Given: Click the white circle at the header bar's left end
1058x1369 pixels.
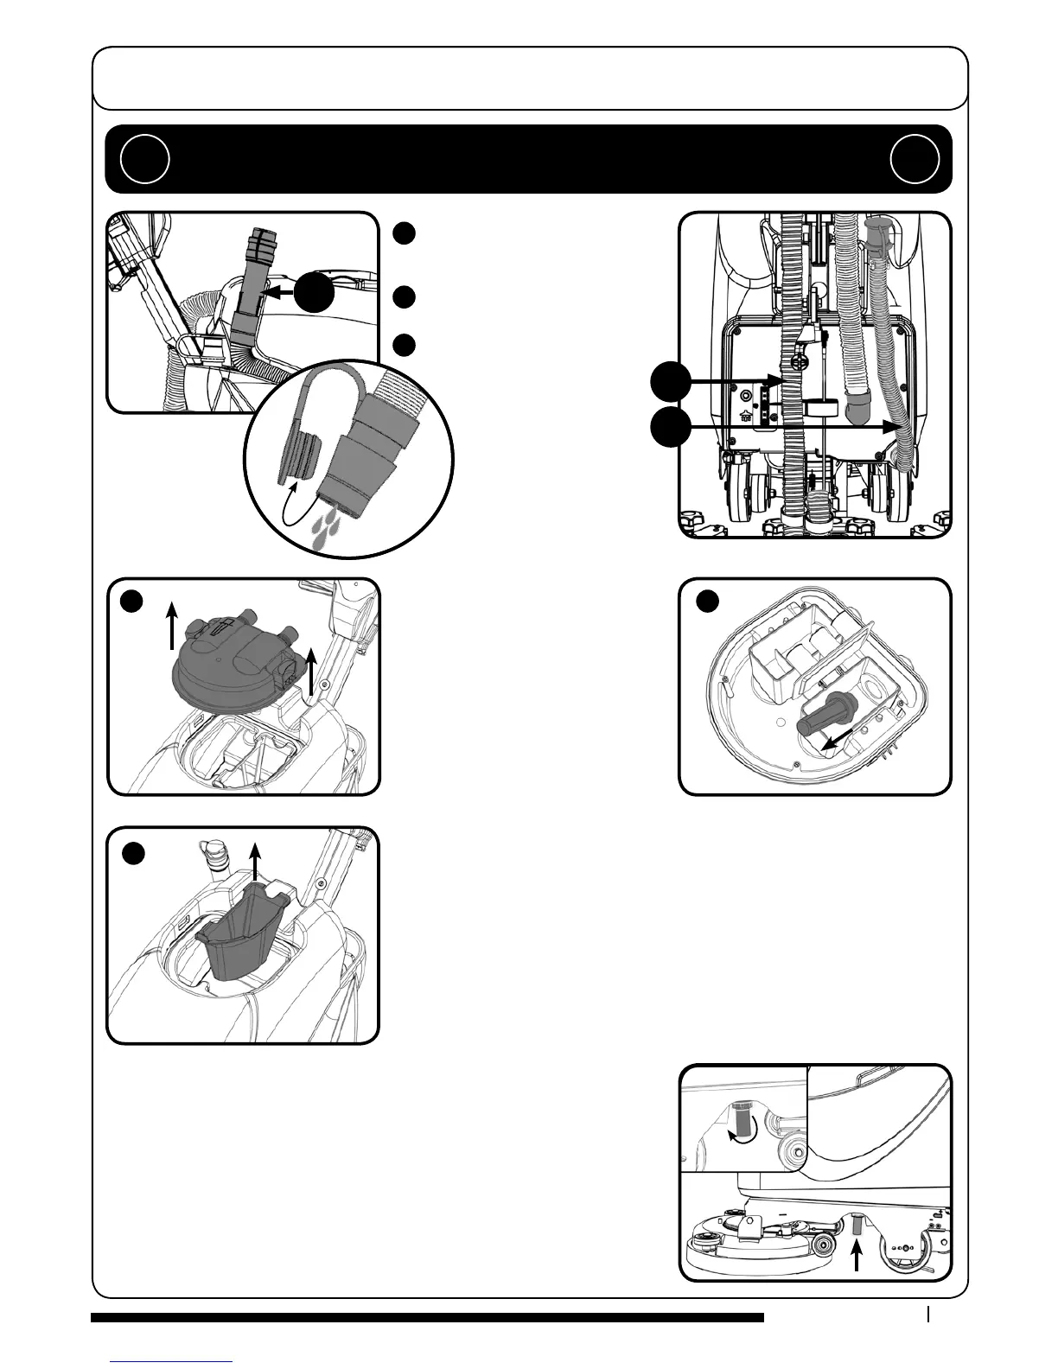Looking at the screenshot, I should coord(144,159).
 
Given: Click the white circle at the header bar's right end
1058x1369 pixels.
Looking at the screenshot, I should coord(915,159).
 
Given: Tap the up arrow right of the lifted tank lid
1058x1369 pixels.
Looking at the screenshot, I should coord(312,673).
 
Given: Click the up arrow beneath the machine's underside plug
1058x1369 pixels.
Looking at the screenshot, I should coord(857,1256).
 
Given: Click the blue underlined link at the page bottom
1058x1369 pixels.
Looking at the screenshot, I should coord(172,1360).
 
